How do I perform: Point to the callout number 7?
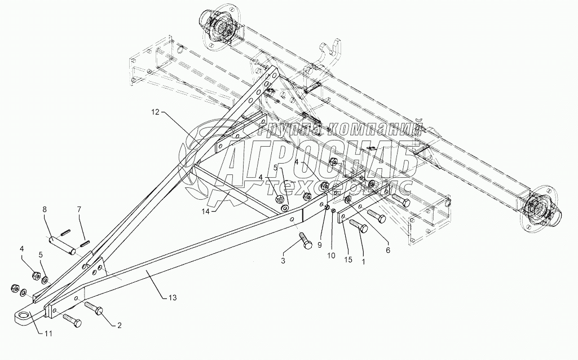tap(79, 209)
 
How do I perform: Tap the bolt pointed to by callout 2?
tap(94, 308)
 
